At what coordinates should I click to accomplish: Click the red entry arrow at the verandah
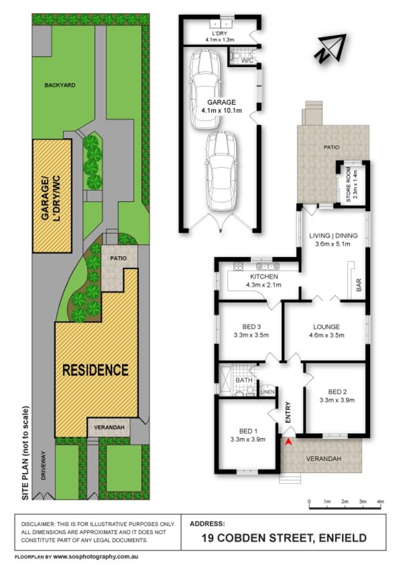pyautogui.click(x=288, y=441)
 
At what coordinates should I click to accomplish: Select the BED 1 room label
pyautogui.click(x=248, y=431)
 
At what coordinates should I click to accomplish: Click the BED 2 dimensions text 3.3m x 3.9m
pyautogui.click(x=337, y=400)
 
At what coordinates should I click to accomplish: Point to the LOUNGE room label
pyautogui.click(x=326, y=327)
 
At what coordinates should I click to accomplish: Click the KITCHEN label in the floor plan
pyautogui.click(x=264, y=277)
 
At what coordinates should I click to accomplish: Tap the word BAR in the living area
pyautogui.click(x=359, y=285)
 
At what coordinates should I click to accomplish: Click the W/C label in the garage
pyautogui.click(x=247, y=60)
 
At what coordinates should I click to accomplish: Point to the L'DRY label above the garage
pyautogui.click(x=219, y=33)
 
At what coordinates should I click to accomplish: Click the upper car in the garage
pyautogui.click(x=204, y=89)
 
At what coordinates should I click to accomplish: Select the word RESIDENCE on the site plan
pyautogui.click(x=95, y=370)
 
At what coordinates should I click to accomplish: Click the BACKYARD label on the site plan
pyautogui.click(x=60, y=85)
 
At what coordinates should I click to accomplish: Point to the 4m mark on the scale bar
pyautogui.click(x=380, y=502)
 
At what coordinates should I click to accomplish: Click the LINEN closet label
pyautogui.click(x=267, y=392)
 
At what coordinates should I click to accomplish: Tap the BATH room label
pyautogui.click(x=244, y=380)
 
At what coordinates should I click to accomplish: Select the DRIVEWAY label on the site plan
pyautogui.click(x=43, y=466)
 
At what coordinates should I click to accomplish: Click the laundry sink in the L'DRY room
pyautogui.click(x=220, y=24)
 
